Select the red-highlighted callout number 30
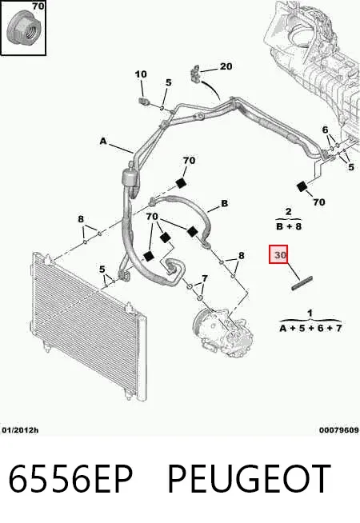278,254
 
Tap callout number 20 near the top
226,66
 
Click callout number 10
141,74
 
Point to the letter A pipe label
103,141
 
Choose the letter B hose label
225,203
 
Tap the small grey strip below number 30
302,283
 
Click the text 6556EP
70,478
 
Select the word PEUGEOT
249,478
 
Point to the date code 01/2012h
20,430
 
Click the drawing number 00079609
338,430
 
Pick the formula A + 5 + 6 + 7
310,328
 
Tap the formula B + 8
289,226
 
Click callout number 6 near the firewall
326,130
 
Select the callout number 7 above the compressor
205,278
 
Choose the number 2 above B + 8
289,211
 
